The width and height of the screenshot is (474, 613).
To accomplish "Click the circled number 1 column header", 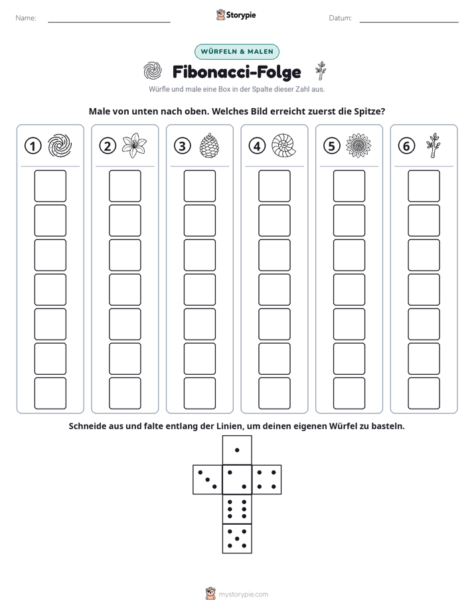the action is pyautogui.click(x=33, y=146).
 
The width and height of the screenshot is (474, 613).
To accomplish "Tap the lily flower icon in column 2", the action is pyautogui.click(x=134, y=145).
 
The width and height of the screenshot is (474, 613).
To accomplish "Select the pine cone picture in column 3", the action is pyautogui.click(x=209, y=145).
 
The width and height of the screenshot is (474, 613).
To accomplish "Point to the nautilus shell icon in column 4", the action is pyautogui.click(x=283, y=145).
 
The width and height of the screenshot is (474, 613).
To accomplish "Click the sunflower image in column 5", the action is pyautogui.click(x=358, y=145).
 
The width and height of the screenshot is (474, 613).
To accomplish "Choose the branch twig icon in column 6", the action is pyautogui.click(x=433, y=145).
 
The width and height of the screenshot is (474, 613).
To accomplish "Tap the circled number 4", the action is pyautogui.click(x=257, y=146).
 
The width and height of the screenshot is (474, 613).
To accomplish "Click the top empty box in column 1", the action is pyautogui.click(x=50, y=186).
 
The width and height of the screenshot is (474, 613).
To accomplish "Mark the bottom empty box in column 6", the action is pyautogui.click(x=424, y=393).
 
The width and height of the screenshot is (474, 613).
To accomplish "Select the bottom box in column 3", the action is pyautogui.click(x=199, y=393).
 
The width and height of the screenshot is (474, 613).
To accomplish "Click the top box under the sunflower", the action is pyautogui.click(x=349, y=186).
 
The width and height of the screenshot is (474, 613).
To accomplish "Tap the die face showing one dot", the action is pyautogui.click(x=237, y=450).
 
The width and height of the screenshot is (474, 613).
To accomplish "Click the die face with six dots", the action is pyautogui.click(x=237, y=509).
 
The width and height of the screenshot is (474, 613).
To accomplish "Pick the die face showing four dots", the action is pyautogui.click(x=266, y=480).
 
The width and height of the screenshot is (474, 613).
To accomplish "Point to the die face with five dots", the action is pyautogui.click(x=237, y=538).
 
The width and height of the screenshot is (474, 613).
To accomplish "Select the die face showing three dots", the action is pyautogui.click(x=208, y=480).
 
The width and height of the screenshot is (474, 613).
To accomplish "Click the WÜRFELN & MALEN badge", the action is pyautogui.click(x=237, y=52).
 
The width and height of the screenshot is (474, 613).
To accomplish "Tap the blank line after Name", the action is pyautogui.click(x=109, y=22).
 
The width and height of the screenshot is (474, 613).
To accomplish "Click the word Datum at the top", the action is pyautogui.click(x=340, y=18).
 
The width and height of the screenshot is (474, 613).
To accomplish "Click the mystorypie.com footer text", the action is pyautogui.click(x=243, y=594).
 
